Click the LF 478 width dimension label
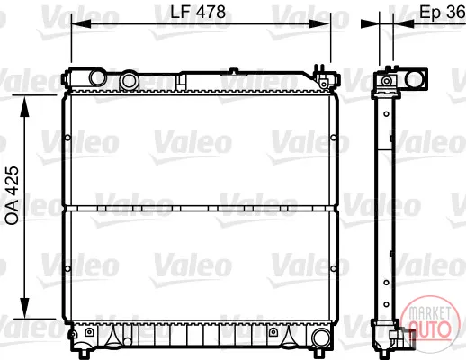point(198,13)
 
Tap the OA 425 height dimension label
point(13,195)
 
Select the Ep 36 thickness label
point(443,13)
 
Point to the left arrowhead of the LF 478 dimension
point(81,23)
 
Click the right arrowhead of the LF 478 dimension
point(319,23)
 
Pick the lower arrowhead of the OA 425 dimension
point(24,308)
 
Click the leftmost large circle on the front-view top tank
point(98,77)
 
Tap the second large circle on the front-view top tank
point(129,80)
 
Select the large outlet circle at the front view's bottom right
point(321,337)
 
